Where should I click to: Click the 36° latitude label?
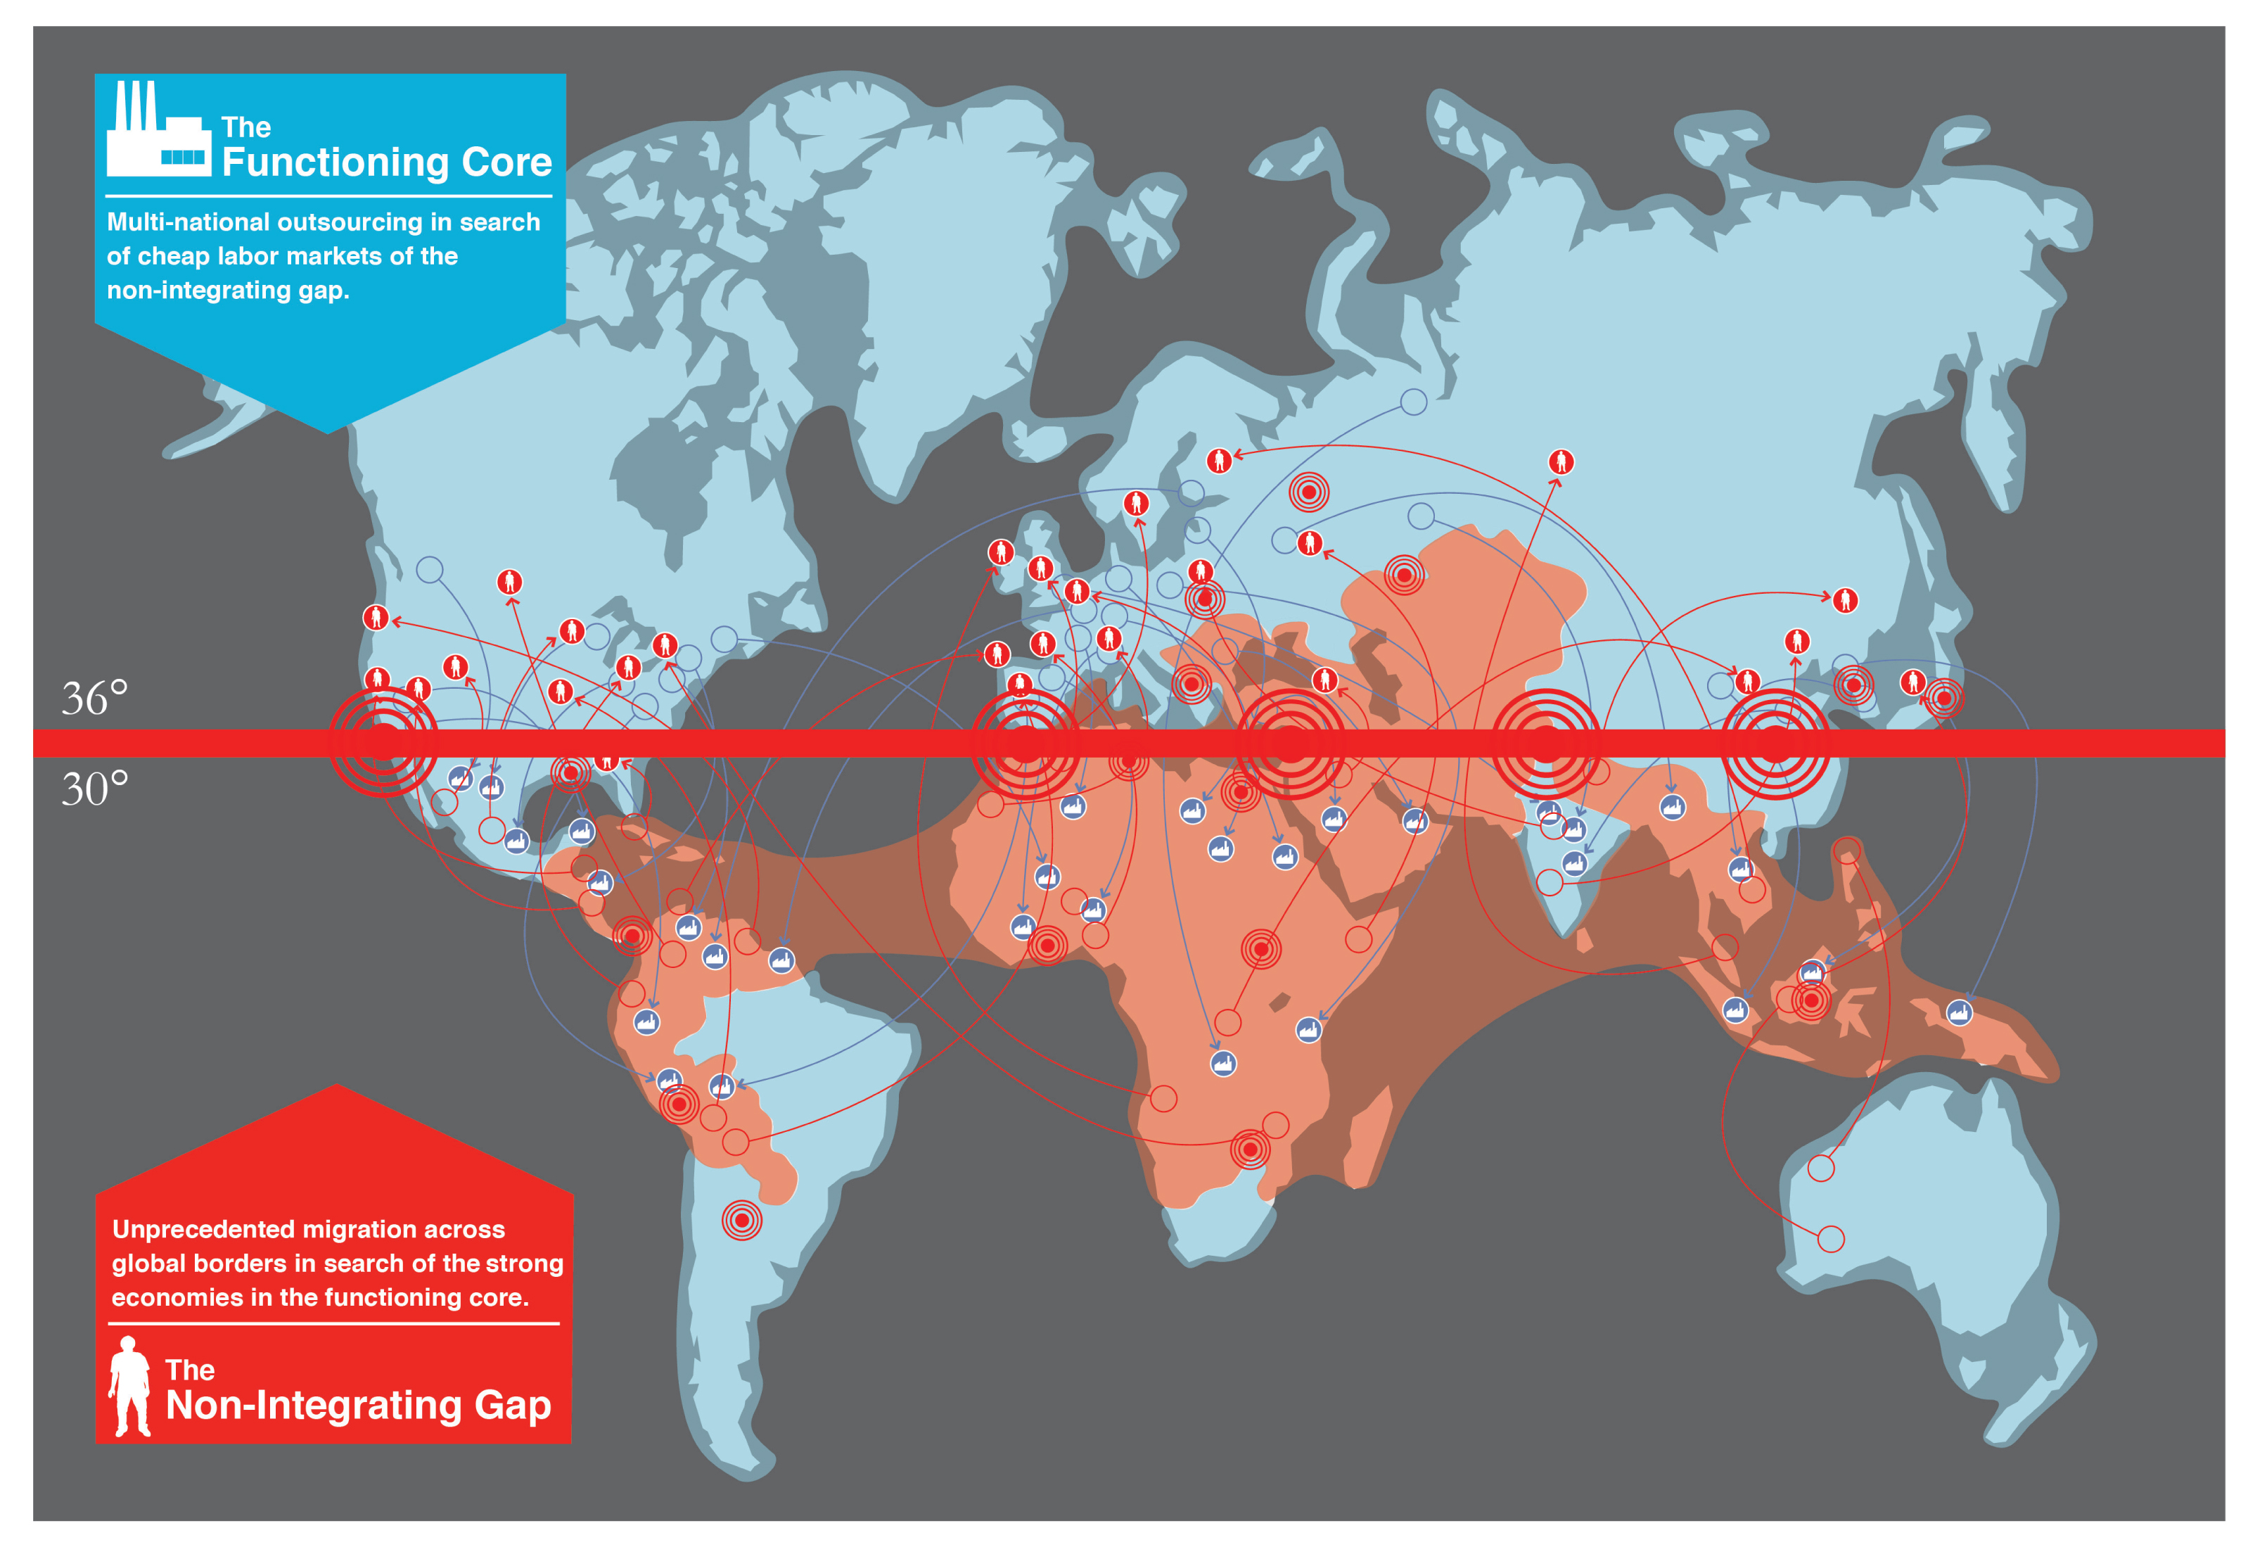[94, 698]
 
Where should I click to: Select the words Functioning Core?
[386, 162]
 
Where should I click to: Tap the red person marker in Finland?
[1219, 460]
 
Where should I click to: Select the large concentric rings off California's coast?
[383, 742]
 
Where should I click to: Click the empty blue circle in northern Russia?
[1413, 401]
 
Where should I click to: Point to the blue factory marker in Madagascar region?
[1308, 1029]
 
